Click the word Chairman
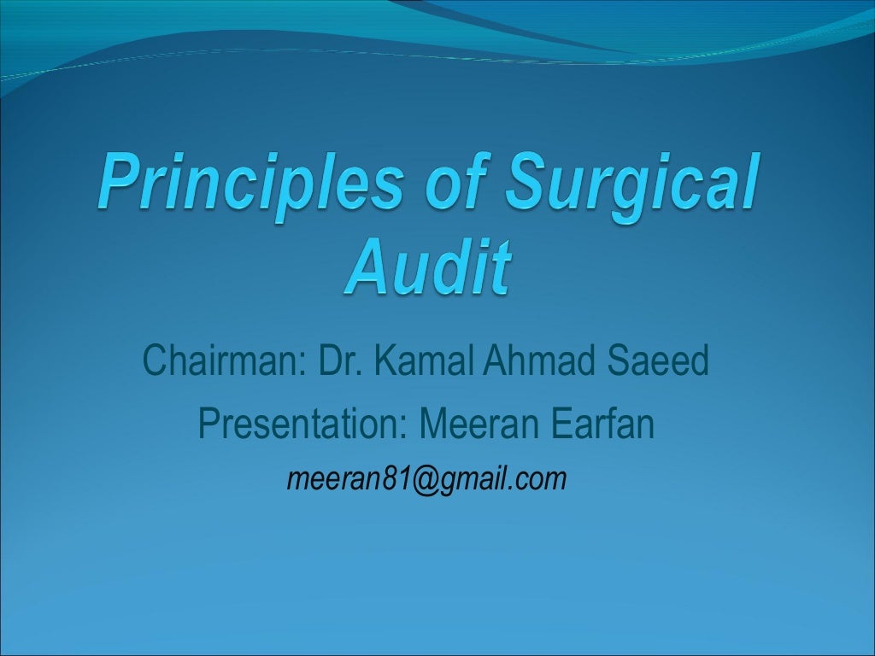point(219,361)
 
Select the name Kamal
point(426,361)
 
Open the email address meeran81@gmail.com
point(427,480)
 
